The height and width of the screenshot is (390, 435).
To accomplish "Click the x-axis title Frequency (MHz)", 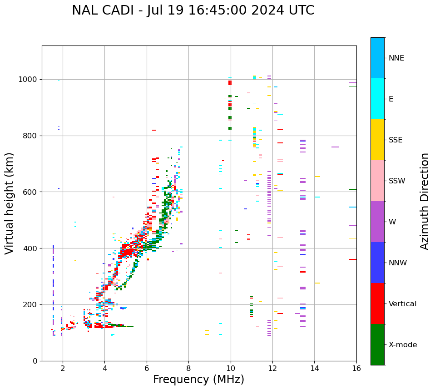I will (x=198, y=380).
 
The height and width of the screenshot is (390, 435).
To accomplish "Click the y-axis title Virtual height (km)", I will (x=10, y=203).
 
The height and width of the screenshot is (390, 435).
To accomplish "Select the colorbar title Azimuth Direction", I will (x=425, y=201).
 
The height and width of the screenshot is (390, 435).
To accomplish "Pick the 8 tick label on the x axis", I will (x=188, y=368).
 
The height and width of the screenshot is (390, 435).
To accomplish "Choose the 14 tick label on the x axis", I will (x=314, y=368).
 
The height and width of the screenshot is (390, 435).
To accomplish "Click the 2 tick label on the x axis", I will (x=63, y=368).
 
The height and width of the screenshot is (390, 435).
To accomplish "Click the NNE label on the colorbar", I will (x=396, y=58).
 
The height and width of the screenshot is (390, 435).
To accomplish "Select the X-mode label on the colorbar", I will (x=403, y=345).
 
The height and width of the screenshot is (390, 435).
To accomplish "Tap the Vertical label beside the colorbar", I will (x=402, y=304).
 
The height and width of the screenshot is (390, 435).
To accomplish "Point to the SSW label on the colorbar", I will (x=397, y=181).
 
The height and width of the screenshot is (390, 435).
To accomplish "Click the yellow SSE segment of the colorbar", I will (x=377, y=140).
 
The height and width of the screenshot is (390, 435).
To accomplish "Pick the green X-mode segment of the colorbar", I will (x=377, y=344).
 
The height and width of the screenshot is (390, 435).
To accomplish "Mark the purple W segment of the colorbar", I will (x=377, y=222).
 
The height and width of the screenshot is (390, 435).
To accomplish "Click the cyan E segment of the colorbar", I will (x=377, y=99).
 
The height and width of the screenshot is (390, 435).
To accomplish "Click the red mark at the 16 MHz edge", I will (x=352, y=259).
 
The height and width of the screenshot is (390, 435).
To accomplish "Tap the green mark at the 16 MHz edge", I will (x=352, y=189).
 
